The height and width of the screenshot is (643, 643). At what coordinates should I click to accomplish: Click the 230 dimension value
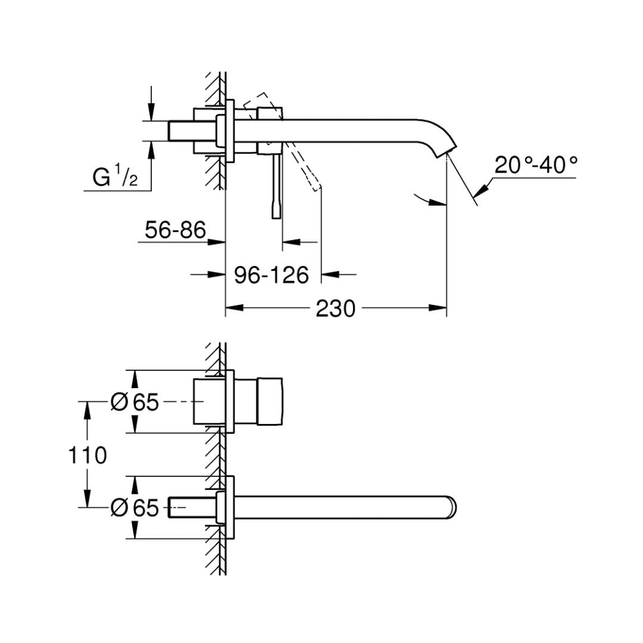click(335, 308)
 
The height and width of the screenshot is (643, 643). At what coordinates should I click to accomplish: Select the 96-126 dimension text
click(271, 274)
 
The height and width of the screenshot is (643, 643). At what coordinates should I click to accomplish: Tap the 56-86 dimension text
click(175, 230)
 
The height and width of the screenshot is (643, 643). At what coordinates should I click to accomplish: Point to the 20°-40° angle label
click(536, 165)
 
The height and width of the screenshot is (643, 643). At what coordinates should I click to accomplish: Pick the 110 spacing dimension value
click(88, 455)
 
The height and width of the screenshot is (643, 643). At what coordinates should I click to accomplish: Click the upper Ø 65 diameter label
click(135, 402)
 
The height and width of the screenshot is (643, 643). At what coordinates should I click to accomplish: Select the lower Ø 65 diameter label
click(135, 508)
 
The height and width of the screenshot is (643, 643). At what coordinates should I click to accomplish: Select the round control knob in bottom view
click(270, 401)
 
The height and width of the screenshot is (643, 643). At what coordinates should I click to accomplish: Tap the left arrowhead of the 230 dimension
click(235, 308)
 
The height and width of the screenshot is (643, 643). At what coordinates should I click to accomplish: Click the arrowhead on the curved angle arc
click(438, 202)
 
